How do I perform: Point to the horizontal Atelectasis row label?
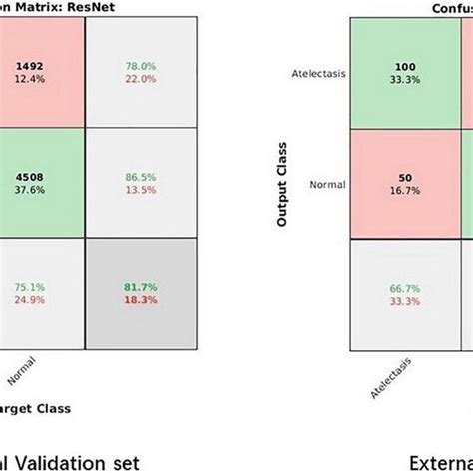click(315, 73)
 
